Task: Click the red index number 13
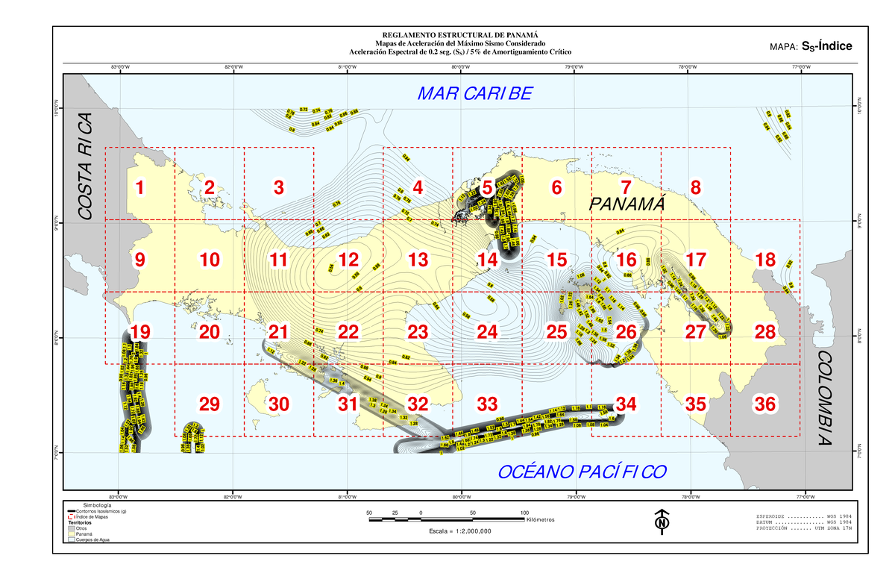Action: click(x=418, y=260)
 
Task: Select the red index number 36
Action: click(x=764, y=404)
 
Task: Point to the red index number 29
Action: click(x=210, y=404)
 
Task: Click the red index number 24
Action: click(x=487, y=332)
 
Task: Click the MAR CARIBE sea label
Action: click(x=474, y=94)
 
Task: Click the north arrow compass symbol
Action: click(x=661, y=522)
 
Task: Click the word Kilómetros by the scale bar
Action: click(x=541, y=521)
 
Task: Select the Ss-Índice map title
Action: click(x=826, y=47)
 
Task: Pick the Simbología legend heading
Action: click(x=97, y=506)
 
